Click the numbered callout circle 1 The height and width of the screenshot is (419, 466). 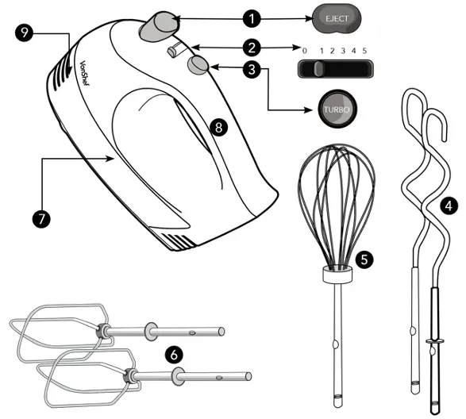[252, 16]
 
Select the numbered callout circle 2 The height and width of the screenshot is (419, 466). [252, 48]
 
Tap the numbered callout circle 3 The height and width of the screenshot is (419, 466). [252, 70]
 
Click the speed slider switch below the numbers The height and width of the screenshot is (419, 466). [318, 70]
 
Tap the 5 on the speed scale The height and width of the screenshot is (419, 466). [364, 51]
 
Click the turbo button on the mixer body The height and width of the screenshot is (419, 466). [198, 66]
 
